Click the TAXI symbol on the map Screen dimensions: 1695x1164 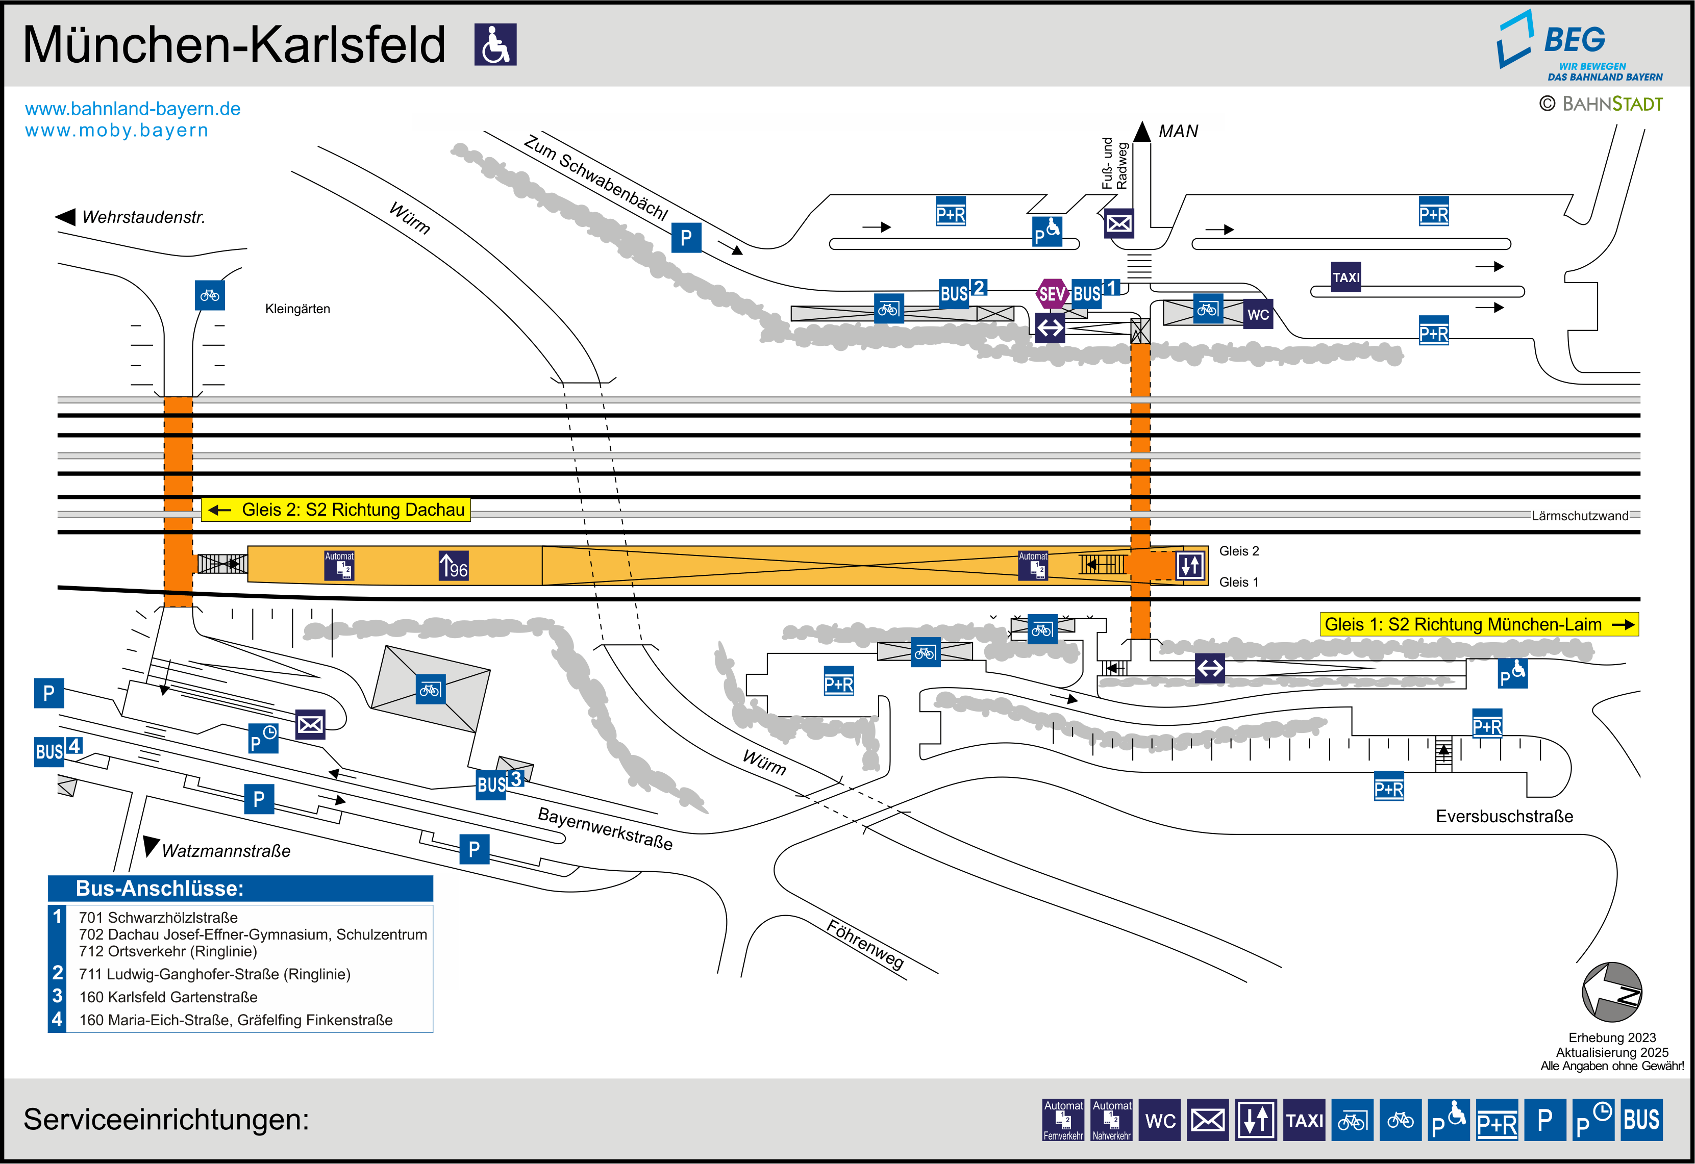click(1345, 277)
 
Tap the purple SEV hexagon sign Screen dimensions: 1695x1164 click(1052, 294)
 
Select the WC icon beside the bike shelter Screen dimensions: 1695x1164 click(1257, 314)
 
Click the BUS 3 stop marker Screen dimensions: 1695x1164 click(500, 784)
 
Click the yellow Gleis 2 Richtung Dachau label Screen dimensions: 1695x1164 click(336, 510)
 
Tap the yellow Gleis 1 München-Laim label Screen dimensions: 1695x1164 click(1479, 624)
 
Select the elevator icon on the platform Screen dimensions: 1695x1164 click(1189, 565)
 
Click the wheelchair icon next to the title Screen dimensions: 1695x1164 click(495, 44)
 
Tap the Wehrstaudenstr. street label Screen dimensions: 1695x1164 click(143, 217)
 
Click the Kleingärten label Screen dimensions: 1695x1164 click(297, 309)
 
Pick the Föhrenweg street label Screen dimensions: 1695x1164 click(865, 945)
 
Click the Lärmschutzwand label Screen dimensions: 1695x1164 click(1579, 516)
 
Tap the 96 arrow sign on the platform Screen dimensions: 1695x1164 click(453, 566)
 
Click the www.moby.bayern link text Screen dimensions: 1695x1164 click(117, 131)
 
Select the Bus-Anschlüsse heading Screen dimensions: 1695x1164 click(160, 889)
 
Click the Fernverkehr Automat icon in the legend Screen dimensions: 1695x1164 click(1063, 1120)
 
